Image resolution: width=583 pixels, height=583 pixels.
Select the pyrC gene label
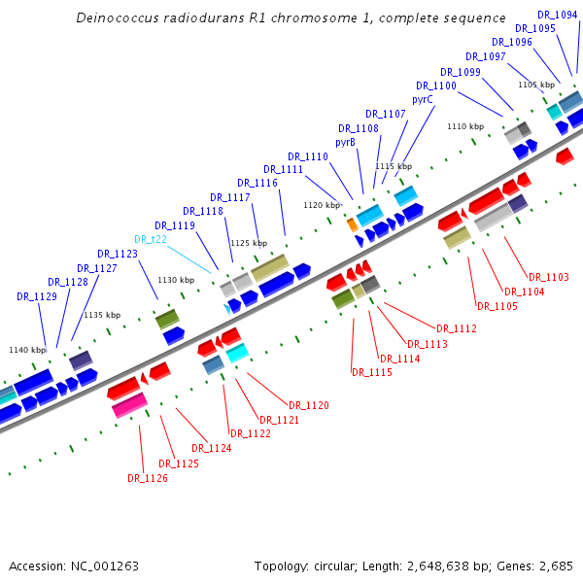423,99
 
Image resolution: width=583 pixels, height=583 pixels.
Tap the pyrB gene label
345,142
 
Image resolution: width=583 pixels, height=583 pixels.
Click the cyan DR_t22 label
151,238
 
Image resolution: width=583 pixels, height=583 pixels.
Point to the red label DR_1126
148,477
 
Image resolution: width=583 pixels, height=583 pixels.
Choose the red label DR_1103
549,277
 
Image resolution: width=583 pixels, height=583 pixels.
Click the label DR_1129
37,296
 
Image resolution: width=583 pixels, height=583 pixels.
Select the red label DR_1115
371,372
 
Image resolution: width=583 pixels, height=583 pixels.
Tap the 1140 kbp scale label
27,350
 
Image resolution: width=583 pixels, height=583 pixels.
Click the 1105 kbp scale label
535,85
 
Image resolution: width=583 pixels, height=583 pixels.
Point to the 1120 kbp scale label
322,205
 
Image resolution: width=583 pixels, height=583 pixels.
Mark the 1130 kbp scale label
176,280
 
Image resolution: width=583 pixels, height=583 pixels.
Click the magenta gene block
129,406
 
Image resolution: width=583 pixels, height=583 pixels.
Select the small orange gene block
352,224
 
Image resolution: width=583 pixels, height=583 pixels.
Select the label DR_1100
436,86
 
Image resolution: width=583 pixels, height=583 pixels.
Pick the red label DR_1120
308,405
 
